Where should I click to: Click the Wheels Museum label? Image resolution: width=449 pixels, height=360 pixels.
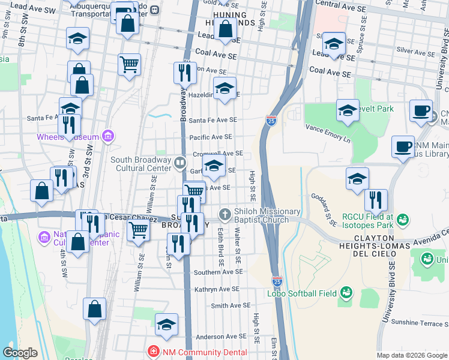tap(67, 137)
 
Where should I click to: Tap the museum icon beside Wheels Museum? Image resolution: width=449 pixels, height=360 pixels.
tap(108, 136)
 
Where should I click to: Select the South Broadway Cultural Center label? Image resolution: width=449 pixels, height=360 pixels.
tap(141, 163)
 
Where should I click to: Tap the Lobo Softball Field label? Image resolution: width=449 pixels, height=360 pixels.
tap(303, 293)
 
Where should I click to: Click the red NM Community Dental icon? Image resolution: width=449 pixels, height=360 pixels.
tap(154, 350)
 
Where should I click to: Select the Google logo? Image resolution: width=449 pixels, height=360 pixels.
tap(20, 353)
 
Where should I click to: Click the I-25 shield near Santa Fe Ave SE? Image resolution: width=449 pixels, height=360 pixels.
tap(271, 121)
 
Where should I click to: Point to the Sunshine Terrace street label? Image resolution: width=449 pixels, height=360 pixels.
tap(420, 322)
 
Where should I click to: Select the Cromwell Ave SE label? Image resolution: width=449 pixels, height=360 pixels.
tap(217, 154)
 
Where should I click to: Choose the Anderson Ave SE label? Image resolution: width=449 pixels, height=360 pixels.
tap(218, 337)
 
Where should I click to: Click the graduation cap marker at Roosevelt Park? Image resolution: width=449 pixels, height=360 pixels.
tap(348, 110)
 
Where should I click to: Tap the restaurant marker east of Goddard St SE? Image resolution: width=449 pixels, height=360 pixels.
tap(376, 200)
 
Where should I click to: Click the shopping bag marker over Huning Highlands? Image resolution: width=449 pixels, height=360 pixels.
tap(225, 29)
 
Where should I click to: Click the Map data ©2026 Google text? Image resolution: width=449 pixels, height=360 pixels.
tap(412, 355)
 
